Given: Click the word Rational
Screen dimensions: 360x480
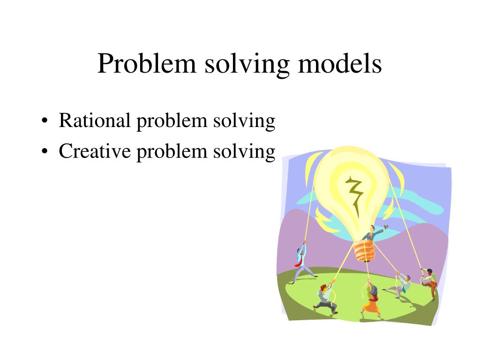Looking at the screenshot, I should pos(94,121).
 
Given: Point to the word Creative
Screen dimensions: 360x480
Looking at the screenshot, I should pos(94,151).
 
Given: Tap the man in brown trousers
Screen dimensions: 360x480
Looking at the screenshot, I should pos(429,281).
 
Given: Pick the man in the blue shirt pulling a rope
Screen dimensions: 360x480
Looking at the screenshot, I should pos(300,262).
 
